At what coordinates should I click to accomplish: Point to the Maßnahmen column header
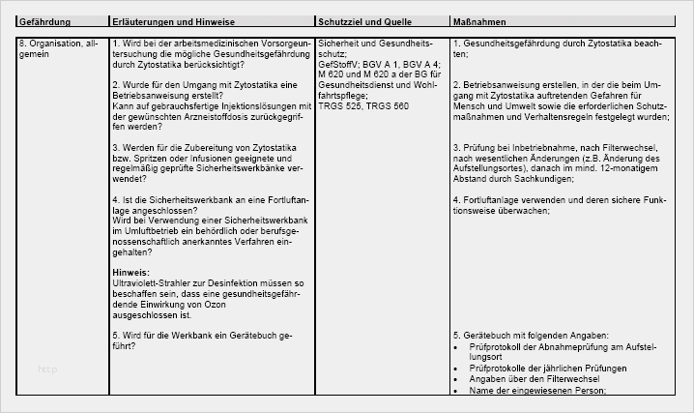point(477,20)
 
